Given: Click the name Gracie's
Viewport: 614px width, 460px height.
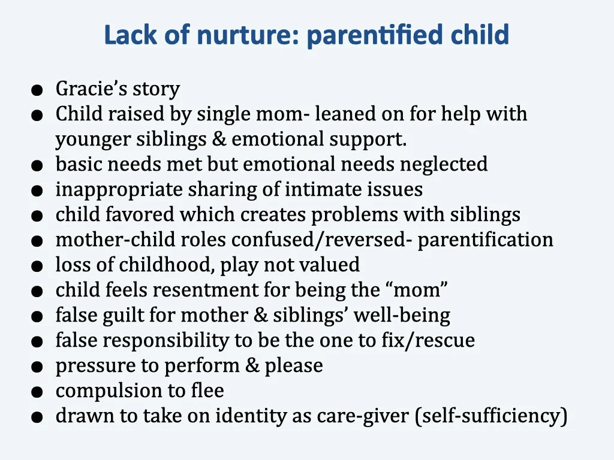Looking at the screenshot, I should click(x=92, y=89).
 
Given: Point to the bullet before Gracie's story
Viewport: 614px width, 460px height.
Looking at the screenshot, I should click(x=38, y=90).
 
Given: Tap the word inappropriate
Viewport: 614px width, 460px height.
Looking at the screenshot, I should click(x=119, y=190).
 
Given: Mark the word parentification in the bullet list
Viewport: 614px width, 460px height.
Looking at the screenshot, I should click(x=486, y=240).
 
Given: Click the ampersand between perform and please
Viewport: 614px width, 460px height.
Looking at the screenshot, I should click(x=253, y=365).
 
